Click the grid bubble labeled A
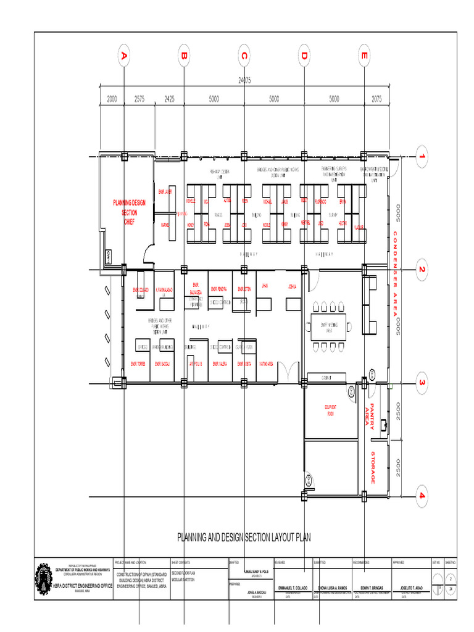pos(124,57)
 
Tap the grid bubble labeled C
pos(244,57)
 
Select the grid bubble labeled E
pos(364,57)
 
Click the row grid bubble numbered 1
pos(422,157)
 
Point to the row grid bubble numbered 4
pos(422,496)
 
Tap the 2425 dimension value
pos(169,98)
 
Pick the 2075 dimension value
pos(376,98)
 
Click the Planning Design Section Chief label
pos(129,212)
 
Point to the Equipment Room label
pos(330,410)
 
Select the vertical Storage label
pos(373,467)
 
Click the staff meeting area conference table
pos(330,326)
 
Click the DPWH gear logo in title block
pos(43,578)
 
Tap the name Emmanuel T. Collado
pos(294,587)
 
